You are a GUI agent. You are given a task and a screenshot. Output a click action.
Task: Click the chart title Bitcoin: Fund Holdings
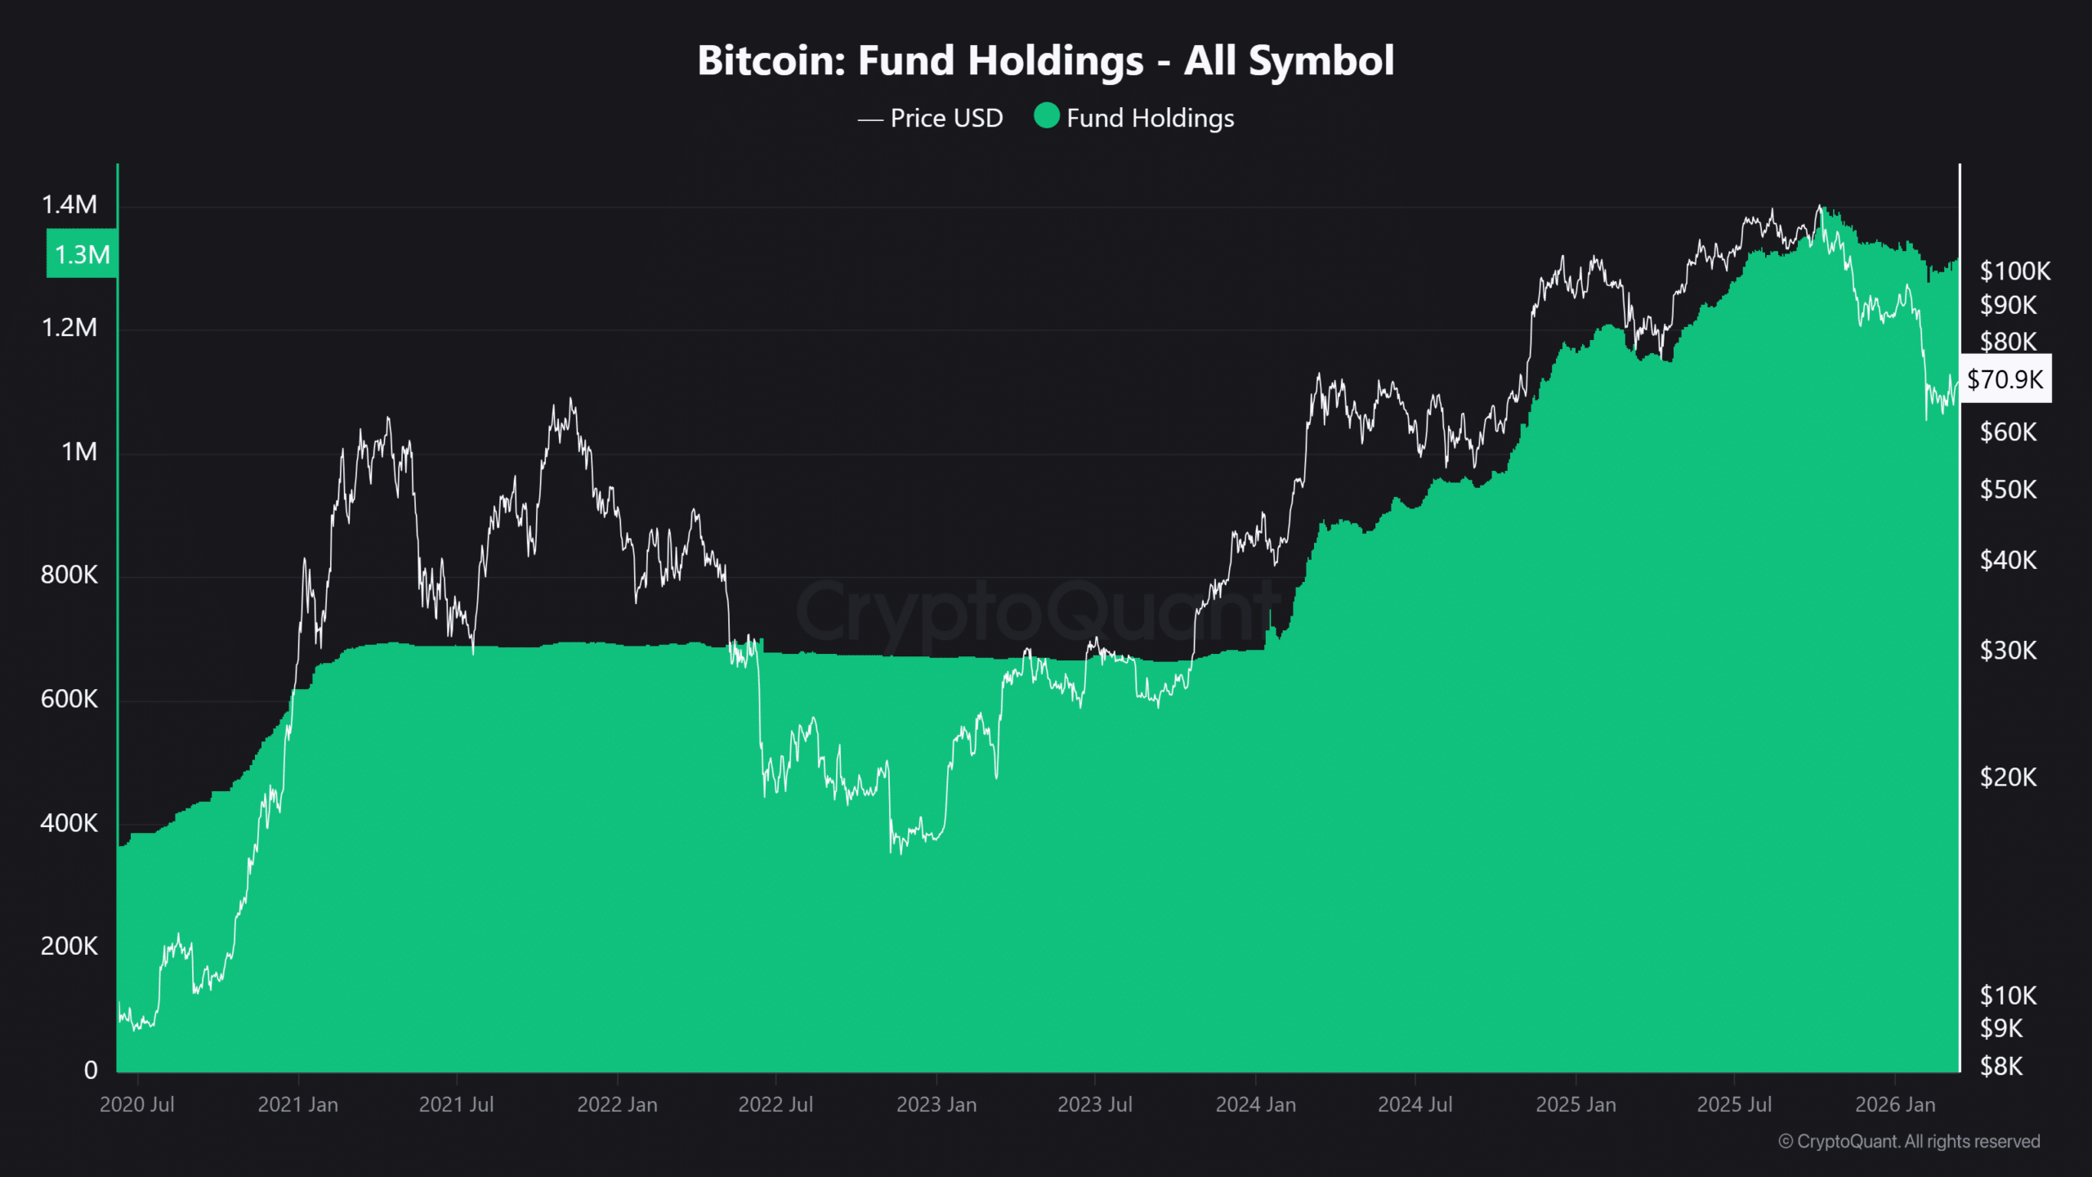(1045, 60)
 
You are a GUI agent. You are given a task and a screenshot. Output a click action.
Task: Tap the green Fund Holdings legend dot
(1046, 116)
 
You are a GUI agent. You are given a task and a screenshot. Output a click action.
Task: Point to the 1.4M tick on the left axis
(69, 204)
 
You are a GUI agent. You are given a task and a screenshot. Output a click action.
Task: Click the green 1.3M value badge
(82, 254)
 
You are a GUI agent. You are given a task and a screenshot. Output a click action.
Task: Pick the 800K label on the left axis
(69, 575)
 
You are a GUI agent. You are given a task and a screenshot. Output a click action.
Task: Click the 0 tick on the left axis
(91, 1069)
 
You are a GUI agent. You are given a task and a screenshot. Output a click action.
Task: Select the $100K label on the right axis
(2014, 271)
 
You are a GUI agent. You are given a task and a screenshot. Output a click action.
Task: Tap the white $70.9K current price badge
(2005, 379)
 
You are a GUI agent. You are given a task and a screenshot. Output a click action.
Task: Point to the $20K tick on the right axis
(2008, 776)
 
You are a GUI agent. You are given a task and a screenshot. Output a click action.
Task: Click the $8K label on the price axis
(2001, 1066)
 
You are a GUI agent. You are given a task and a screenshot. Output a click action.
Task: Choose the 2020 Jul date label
(137, 1104)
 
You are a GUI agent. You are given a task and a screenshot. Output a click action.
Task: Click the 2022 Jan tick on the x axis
(617, 1104)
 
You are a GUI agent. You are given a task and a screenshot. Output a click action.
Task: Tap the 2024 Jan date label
(1255, 1104)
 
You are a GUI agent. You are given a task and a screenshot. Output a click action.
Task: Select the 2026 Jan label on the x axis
(1894, 1104)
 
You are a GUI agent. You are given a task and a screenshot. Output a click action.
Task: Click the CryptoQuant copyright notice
(1909, 1141)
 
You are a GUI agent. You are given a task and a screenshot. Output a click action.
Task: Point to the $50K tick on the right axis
(2008, 490)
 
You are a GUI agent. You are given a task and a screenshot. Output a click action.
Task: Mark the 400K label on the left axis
(69, 822)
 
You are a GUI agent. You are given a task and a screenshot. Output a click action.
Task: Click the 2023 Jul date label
(1094, 1104)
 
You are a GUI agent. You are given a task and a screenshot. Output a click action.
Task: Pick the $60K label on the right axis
(2008, 432)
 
